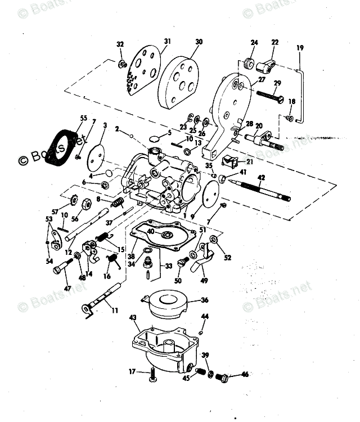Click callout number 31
(x=166, y=42)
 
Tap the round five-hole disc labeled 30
(x=179, y=79)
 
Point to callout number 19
(x=299, y=48)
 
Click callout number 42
(x=260, y=178)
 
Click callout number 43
(x=133, y=318)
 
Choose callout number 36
(x=204, y=300)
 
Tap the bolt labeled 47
(x=61, y=268)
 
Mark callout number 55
(x=84, y=118)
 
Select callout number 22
(x=274, y=42)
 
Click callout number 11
(x=115, y=309)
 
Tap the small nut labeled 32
(x=121, y=65)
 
